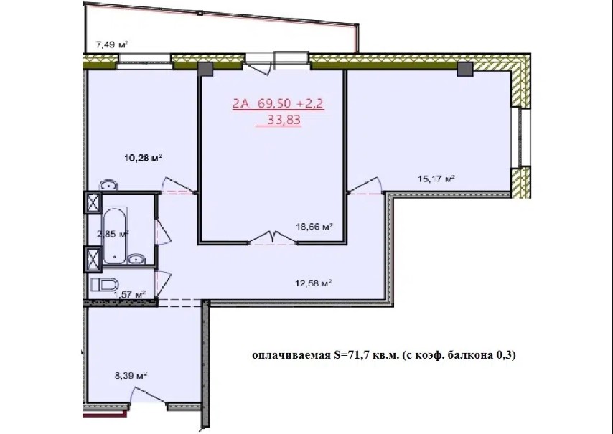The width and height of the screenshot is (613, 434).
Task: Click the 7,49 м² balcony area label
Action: pyautogui.click(x=112, y=45)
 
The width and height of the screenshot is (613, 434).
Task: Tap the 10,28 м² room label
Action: pyautogui.click(x=144, y=159)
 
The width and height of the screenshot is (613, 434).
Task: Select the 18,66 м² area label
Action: pyautogui.click(x=314, y=227)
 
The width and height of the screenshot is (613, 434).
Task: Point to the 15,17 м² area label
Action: pyautogui.click(x=436, y=179)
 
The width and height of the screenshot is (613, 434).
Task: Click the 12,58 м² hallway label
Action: pyautogui.click(x=314, y=283)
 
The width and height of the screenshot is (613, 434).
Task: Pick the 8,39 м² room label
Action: pyautogui.click(x=131, y=376)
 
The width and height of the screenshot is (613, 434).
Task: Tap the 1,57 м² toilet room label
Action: pyautogui.click(x=129, y=293)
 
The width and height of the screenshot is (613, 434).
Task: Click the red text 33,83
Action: pyautogui.click(x=284, y=120)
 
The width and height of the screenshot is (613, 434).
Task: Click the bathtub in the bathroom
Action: pyautogui.click(x=115, y=237)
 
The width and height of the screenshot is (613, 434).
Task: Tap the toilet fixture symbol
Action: pyautogui.click(x=105, y=284)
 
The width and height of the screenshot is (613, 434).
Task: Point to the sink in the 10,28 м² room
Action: pyautogui.click(x=108, y=185)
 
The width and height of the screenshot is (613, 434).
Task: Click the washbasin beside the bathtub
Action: pyautogui.click(x=136, y=258)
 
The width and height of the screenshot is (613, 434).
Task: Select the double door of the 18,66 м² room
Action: pyautogui.click(x=273, y=238)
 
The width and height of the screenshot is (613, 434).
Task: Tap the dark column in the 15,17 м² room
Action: pyautogui.click(x=465, y=69)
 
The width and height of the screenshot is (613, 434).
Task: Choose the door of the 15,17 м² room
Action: pyautogui.click(x=365, y=185)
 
